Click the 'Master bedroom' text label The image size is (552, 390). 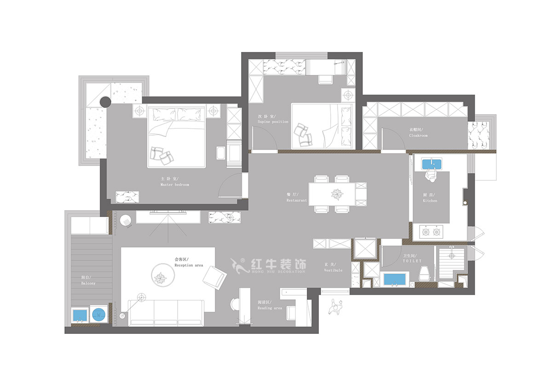pyautogui.click(x=174, y=184)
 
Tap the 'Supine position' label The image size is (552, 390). pyautogui.click(x=273, y=122)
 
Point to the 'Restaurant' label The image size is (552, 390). pyautogui.click(x=296, y=201)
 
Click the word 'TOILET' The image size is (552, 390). pyautogui.click(x=412, y=261)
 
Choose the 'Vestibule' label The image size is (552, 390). pyautogui.click(x=333, y=270)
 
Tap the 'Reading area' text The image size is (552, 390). pyautogui.click(x=270, y=308)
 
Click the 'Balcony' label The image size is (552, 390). pyautogui.click(x=88, y=283)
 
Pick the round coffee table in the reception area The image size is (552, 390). pyautogui.click(x=162, y=275)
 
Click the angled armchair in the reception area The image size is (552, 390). pyautogui.click(x=214, y=277)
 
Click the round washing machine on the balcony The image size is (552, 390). pyautogui.click(x=98, y=315)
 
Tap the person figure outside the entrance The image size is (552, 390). pyautogui.click(x=336, y=305)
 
